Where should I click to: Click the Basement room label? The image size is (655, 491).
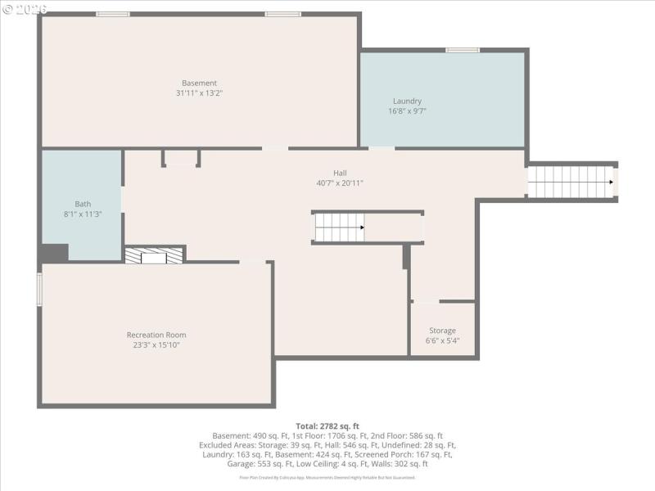[199, 83]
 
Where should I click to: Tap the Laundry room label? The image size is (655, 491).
[407, 101]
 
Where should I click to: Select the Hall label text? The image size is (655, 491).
[340, 173]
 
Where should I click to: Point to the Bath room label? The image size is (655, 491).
[83, 204]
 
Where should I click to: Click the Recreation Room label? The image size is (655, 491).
[156, 335]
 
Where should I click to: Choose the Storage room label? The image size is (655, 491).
[442, 331]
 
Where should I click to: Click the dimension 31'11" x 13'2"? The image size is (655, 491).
[199, 93]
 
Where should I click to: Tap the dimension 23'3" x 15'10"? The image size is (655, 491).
[156, 345]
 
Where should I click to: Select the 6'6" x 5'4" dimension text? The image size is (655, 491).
[442, 340]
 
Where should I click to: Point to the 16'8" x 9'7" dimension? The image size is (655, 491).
[407, 111]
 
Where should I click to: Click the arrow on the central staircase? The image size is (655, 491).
[360, 227]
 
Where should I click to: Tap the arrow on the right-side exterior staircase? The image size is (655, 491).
[608, 182]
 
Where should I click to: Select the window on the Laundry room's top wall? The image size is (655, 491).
[463, 51]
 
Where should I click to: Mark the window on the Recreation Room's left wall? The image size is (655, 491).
[38, 290]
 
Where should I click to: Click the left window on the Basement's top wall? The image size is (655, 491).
[113, 14]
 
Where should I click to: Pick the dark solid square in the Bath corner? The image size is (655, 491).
[54, 254]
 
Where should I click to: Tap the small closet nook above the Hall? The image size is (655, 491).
[181, 158]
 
